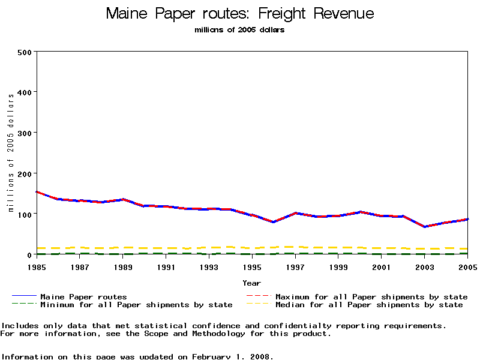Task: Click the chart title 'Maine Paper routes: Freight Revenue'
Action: (240, 14)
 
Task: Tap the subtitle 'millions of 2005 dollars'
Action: (240, 30)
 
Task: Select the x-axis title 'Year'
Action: (252, 283)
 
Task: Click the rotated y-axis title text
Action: (10, 153)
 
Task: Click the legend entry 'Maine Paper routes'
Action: (83, 296)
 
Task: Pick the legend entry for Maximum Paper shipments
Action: (371, 296)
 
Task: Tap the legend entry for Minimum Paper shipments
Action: (136, 305)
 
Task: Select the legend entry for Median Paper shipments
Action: (369, 305)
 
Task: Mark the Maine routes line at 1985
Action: (37, 192)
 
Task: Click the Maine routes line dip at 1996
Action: (274, 222)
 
